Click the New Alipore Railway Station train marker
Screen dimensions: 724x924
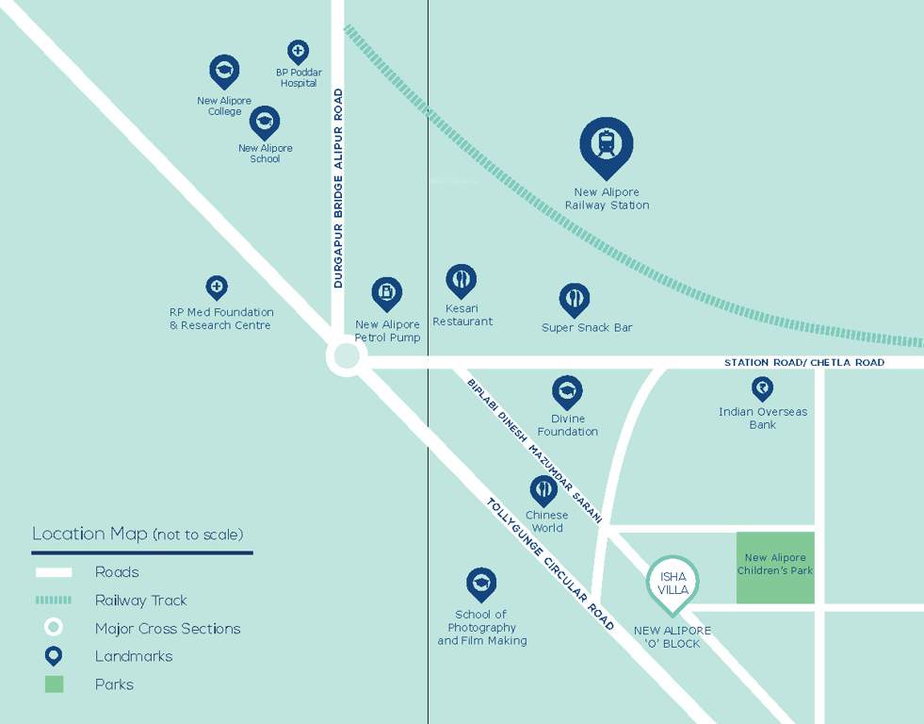click(606, 144)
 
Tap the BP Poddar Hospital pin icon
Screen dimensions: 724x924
click(298, 52)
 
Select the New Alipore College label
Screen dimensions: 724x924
click(224, 106)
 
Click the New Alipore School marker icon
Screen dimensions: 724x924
click(265, 121)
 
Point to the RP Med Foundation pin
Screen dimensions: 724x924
click(217, 286)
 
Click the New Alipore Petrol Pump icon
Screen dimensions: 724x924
click(387, 293)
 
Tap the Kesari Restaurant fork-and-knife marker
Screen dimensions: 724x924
click(461, 279)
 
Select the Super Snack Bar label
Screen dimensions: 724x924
click(587, 327)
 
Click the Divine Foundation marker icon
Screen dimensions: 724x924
click(567, 390)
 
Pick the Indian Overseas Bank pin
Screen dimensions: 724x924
click(762, 387)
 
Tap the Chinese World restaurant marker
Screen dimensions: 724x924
click(543, 489)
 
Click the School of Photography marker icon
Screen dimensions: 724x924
click(481, 584)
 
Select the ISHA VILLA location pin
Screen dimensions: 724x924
click(673, 582)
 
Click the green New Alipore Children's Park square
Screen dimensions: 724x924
click(774, 568)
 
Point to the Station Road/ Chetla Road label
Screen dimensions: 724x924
click(803, 362)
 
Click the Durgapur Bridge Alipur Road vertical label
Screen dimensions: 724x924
click(338, 188)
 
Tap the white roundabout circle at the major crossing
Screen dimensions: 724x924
click(346, 357)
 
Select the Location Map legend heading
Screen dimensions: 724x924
click(138, 534)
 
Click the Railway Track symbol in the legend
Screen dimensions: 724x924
click(54, 600)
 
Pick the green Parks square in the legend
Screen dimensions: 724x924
click(54, 684)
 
